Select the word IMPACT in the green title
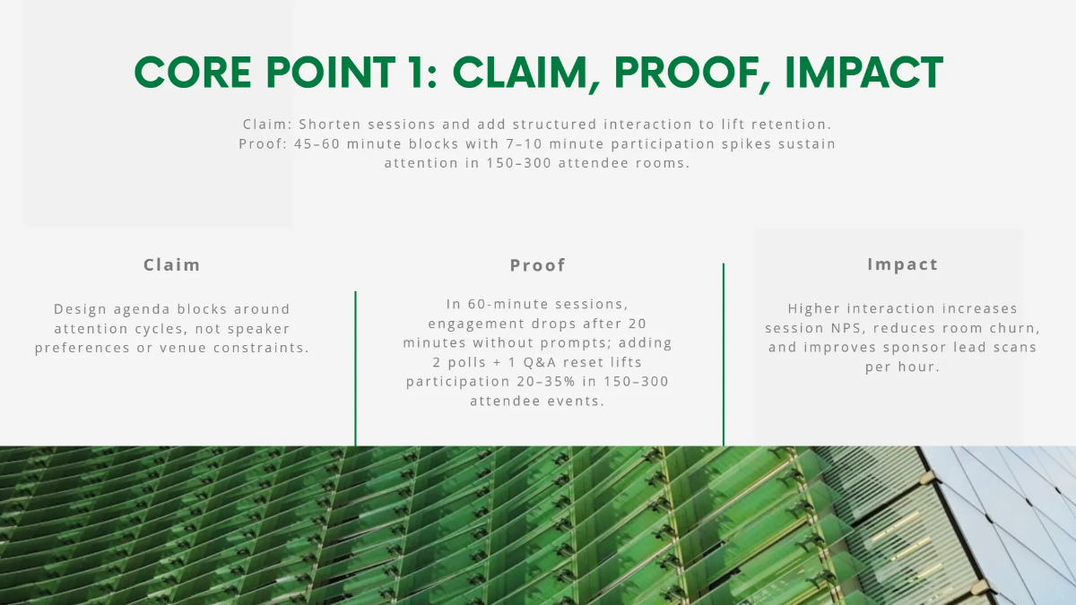point(863,73)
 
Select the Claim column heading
point(172,265)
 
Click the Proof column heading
point(538,265)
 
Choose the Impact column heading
point(902,264)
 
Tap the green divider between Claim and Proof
point(356,367)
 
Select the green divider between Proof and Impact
point(724,354)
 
